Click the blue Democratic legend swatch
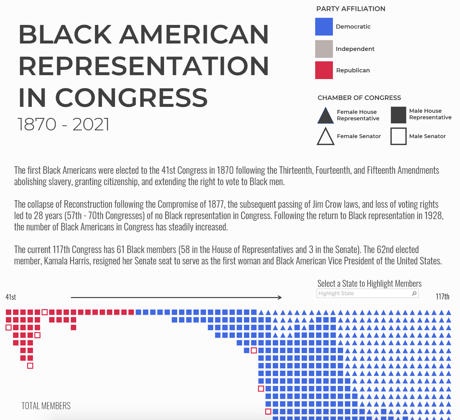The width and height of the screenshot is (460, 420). [x=324, y=27]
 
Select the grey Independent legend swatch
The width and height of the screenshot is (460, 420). [x=324, y=49]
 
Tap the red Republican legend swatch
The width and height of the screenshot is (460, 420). [x=324, y=70]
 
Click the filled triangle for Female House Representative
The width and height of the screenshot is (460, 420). [x=325, y=115]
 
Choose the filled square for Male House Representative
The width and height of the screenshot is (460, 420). [x=398, y=115]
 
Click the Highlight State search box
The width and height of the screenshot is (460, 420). [x=367, y=293]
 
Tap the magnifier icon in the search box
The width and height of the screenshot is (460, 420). [x=414, y=293]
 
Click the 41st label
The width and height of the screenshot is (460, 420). [x=11, y=297]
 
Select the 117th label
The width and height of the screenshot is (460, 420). [x=442, y=296]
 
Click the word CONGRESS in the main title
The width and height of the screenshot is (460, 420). [x=131, y=98]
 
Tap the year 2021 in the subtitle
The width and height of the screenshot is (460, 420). [x=91, y=124]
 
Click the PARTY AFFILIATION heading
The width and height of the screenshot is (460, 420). [x=351, y=9]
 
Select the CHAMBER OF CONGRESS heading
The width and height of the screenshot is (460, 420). [x=359, y=98]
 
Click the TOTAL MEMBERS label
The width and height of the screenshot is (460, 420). [x=46, y=406]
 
